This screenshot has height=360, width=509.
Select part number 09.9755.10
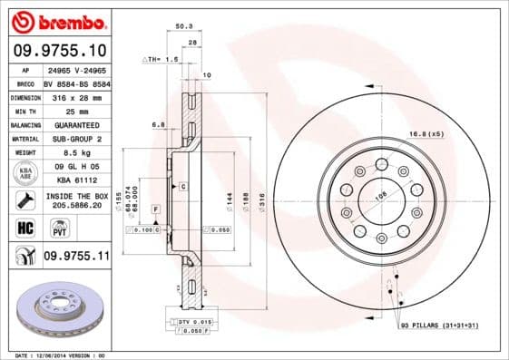[x=59, y=51]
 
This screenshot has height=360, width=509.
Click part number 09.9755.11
[x=76, y=258]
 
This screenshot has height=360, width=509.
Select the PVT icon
[x=54, y=229]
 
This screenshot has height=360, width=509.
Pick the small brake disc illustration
[x=58, y=307]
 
